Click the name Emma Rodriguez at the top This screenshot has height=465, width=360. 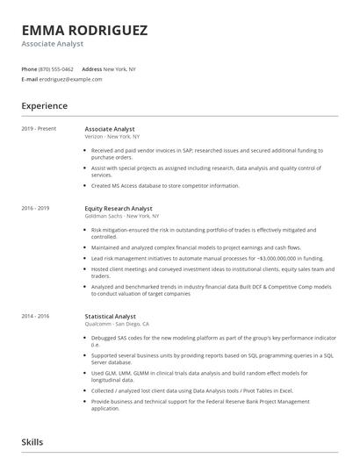point(84,30)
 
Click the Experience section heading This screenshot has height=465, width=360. point(44,106)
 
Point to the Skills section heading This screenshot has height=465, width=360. point(32,442)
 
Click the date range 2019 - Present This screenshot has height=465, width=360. point(39,129)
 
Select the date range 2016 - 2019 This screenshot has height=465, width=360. point(36,208)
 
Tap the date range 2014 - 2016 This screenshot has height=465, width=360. point(36,313)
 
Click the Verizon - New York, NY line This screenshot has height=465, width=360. point(118,137)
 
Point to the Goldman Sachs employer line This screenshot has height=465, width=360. point(122,215)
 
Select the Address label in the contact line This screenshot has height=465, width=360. point(91,68)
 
